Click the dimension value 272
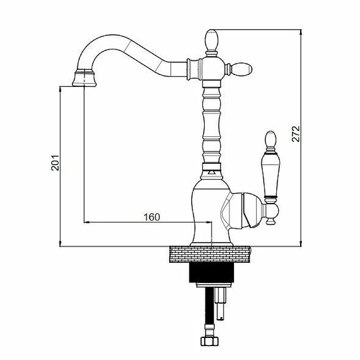click(296, 134)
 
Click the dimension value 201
click(55, 163)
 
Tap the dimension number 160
click(152, 217)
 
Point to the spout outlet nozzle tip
click(84, 78)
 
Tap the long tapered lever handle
click(270, 176)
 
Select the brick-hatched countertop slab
click(210, 254)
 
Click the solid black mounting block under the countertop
click(211, 273)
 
